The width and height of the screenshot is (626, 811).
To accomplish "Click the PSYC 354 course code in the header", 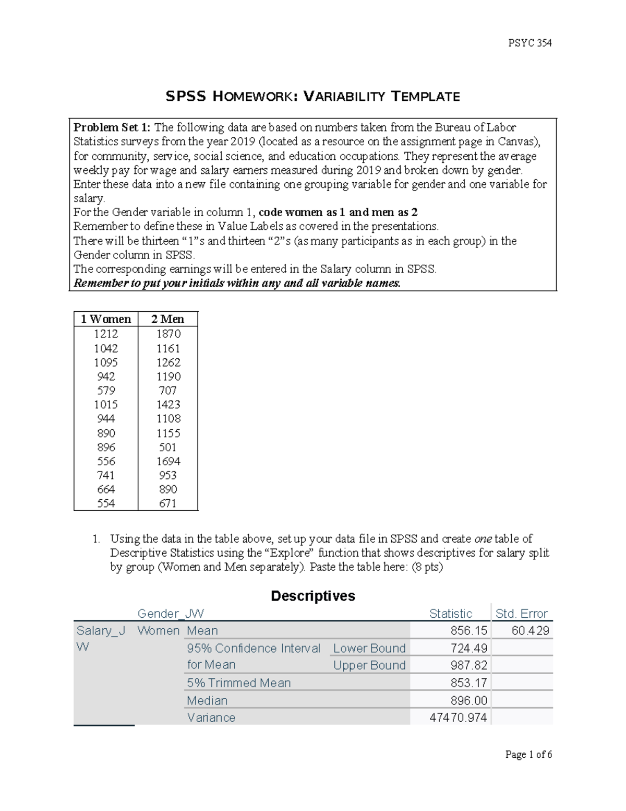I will click(x=530, y=43).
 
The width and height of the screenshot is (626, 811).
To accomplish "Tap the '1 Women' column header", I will click(x=106, y=319).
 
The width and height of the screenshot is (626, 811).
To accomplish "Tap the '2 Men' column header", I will click(x=167, y=319).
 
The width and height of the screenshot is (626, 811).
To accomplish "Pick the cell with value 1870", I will click(x=168, y=334).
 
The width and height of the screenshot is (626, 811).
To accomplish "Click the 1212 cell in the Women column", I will click(x=106, y=334).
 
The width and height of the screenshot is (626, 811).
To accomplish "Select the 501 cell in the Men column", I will click(x=168, y=447).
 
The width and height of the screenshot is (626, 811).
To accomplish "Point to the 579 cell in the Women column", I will click(x=106, y=391).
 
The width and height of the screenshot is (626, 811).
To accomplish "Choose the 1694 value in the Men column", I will click(x=168, y=461).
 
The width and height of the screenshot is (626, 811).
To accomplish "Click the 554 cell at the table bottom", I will click(x=106, y=503).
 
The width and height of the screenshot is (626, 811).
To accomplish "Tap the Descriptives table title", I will click(x=313, y=596).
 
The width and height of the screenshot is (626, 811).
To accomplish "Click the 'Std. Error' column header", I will click(x=521, y=614).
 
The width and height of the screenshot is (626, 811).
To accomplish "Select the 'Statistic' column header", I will click(x=450, y=614).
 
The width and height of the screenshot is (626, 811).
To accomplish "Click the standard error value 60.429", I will click(x=530, y=631).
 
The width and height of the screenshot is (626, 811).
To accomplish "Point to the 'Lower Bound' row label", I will click(x=369, y=648).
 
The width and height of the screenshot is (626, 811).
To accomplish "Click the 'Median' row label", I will click(x=207, y=700).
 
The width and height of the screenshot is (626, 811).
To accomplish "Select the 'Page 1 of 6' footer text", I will click(x=528, y=754).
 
